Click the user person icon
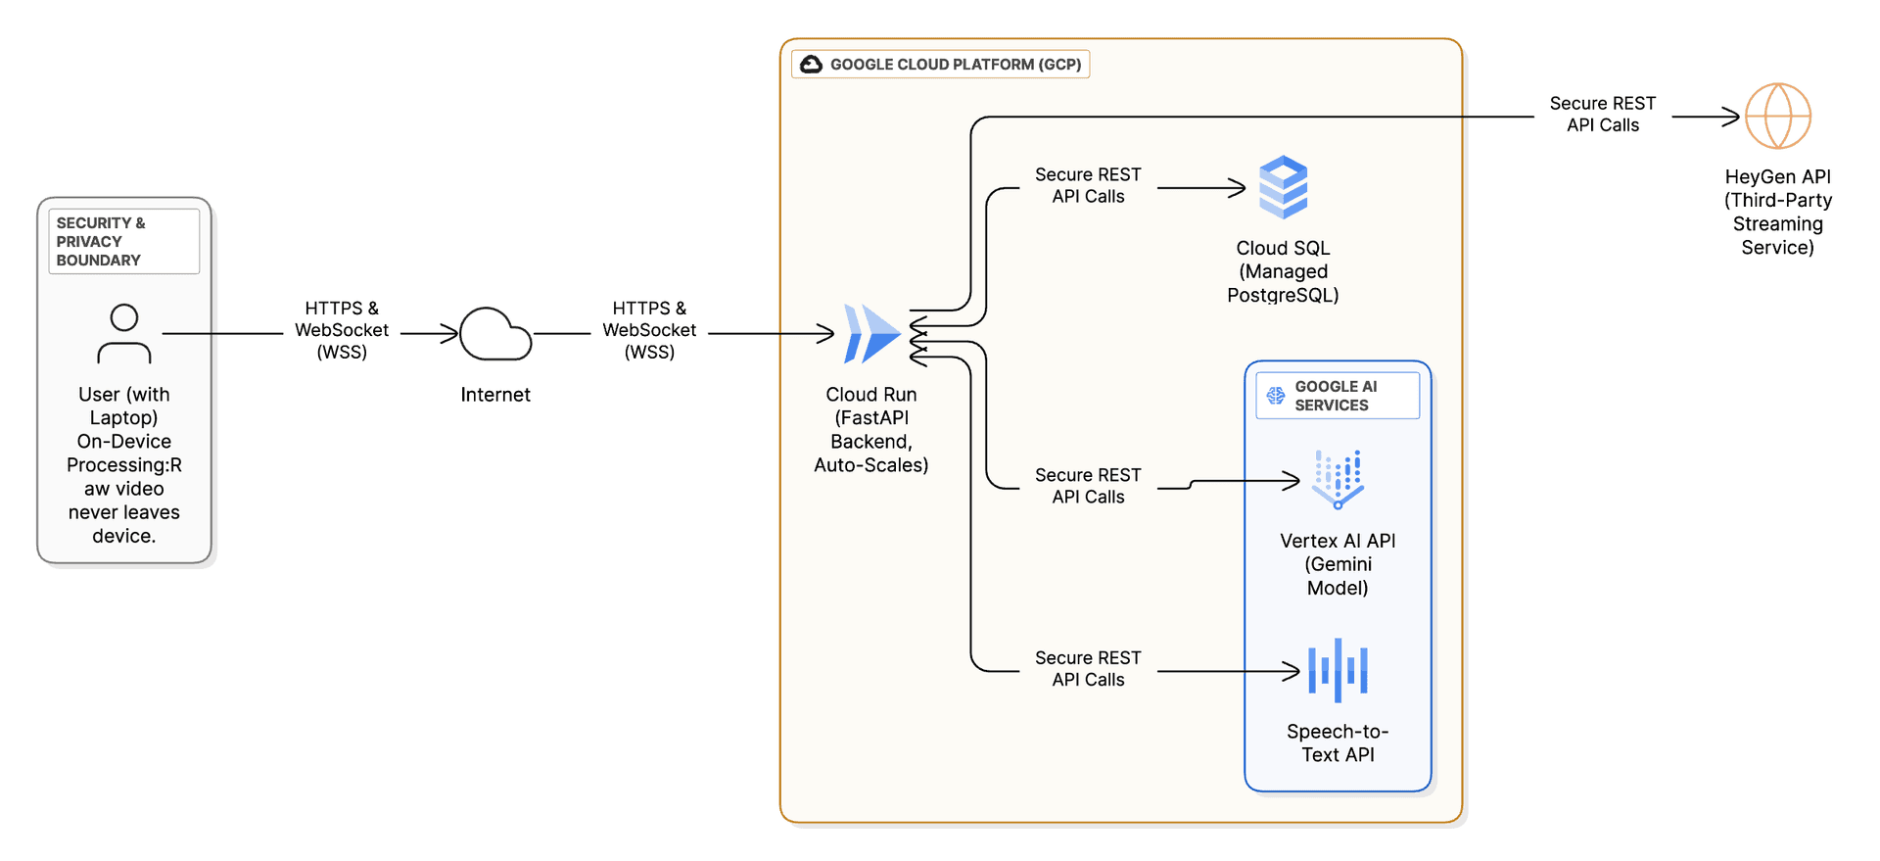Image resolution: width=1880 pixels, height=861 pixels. pyautogui.click(x=124, y=334)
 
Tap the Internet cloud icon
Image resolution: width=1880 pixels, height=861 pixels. pyautogui.click(x=495, y=335)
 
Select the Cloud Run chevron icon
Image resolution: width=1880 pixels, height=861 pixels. pyautogui.click(x=870, y=334)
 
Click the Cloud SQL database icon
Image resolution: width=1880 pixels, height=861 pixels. pyautogui.click(x=1283, y=187)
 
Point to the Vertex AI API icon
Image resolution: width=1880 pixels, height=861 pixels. pyautogui.click(x=1338, y=479)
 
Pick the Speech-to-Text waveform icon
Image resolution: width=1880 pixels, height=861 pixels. pyautogui.click(x=1338, y=671)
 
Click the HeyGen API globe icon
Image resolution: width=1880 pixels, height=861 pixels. pyautogui.click(x=1778, y=116)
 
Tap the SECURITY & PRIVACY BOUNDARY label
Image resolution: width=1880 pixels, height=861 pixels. pyautogui.click(x=101, y=241)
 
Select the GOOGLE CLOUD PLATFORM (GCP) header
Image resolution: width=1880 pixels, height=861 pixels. pyautogui.click(x=955, y=65)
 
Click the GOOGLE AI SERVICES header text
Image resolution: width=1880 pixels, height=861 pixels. pyautogui.click(x=1335, y=396)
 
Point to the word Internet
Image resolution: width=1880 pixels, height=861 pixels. pyautogui.click(x=495, y=395)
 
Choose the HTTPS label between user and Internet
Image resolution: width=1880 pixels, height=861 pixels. pyautogui.click(x=342, y=330)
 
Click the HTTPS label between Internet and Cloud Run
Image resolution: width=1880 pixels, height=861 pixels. pyautogui.click(x=649, y=330)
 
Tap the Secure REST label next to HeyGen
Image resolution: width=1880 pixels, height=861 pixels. pyautogui.click(x=1602, y=114)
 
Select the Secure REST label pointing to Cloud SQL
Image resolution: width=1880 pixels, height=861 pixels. pyautogui.click(x=1088, y=185)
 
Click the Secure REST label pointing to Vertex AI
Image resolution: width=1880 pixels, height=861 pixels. pyautogui.click(x=1088, y=486)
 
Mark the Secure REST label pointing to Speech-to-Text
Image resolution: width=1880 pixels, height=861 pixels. pyautogui.click(x=1088, y=669)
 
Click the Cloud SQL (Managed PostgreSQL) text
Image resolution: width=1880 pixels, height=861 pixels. pyautogui.click(x=1283, y=271)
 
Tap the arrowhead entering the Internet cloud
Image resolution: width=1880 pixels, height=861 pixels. pyautogui.click(x=451, y=334)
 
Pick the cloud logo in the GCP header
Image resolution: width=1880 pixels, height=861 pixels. pyautogui.click(x=811, y=65)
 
